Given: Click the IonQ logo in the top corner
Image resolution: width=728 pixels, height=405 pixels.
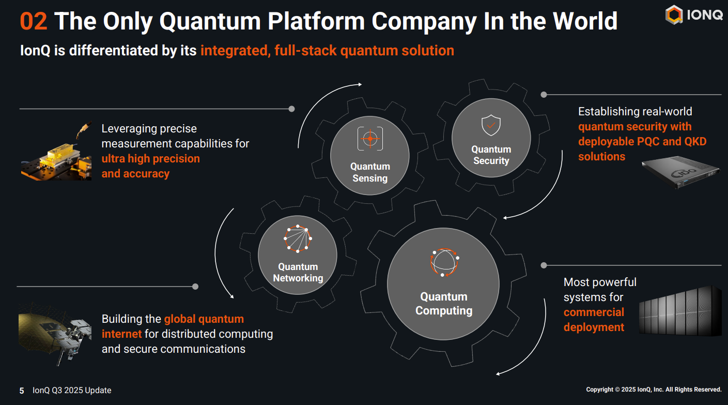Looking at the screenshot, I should [694, 15].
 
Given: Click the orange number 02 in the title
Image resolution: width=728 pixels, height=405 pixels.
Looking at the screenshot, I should [34, 21].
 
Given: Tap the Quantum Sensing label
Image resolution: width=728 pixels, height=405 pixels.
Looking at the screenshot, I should [370, 172].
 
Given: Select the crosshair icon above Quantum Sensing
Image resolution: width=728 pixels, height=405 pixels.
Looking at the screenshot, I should [370, 139].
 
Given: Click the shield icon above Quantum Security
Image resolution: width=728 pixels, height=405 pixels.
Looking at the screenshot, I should [491, 125].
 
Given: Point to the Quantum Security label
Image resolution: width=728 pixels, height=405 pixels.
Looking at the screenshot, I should [491, 155].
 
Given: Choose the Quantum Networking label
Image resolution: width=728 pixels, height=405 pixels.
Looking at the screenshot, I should [298, 273].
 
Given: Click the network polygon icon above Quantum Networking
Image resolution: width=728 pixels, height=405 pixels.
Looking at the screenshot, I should [298, 239].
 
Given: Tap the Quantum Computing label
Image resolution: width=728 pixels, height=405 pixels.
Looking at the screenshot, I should [444, 304].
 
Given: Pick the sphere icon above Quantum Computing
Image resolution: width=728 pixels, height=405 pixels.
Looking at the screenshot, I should [444, 262].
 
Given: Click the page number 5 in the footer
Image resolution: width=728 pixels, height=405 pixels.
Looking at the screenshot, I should [22, 391].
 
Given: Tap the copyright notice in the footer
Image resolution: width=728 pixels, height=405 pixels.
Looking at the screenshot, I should [654, 389].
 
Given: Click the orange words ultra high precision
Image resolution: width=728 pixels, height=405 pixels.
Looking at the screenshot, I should [150, 158].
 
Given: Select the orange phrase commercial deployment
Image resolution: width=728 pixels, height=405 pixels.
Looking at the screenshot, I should [594, 320].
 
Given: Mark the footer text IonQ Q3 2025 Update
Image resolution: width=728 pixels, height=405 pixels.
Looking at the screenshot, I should [72, 390].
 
